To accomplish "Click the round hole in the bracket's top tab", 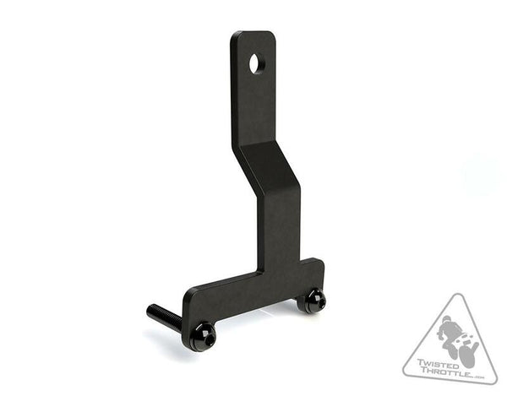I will click(x=256, y=62).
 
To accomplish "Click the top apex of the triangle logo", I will click(x=457, y=295).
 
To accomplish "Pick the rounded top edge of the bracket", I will click(x=252, y=35).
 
